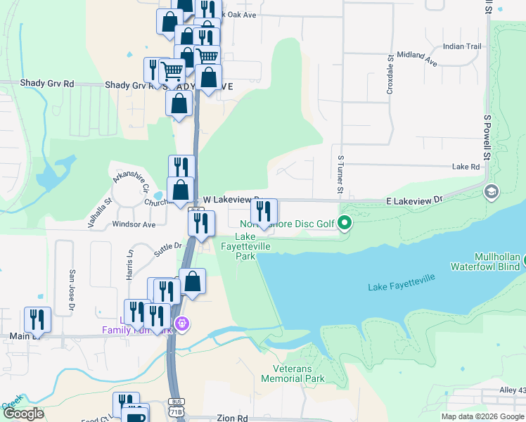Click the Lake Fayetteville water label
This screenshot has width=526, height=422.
coord(402,282)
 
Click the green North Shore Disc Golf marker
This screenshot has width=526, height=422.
coord(345,224)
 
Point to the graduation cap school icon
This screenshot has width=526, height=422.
coord(491,191)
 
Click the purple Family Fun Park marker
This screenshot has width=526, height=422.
coord(184,324)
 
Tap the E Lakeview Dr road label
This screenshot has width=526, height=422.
coord(415,200)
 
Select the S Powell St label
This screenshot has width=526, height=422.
coord(486,138)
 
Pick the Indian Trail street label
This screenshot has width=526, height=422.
coord(462,46)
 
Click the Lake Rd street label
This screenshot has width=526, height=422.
coord(466,167)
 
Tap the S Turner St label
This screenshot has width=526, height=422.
coord(340,176)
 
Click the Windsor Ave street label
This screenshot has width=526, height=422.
coord(134,225)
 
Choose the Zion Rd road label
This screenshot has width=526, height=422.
coord(232,418)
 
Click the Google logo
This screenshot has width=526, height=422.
coord(23,414)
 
